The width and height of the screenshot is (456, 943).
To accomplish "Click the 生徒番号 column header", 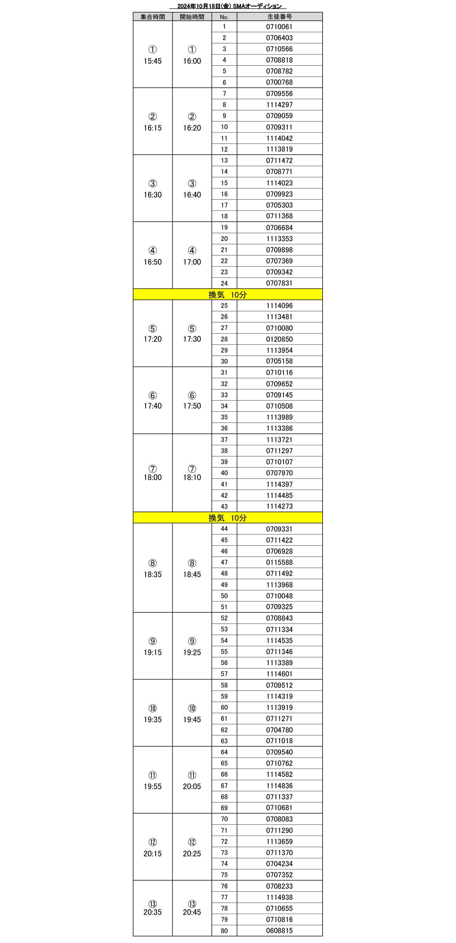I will point(279,16).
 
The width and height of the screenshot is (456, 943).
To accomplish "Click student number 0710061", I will point(279,27).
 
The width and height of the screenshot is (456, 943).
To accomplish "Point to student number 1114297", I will point(279,105).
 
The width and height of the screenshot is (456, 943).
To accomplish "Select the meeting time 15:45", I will point(153,61).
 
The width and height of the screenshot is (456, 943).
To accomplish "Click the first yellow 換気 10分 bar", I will point(228,295).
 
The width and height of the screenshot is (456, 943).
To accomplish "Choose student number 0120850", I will point(279,339).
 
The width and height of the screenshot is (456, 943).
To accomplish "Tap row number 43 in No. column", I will point(224,506).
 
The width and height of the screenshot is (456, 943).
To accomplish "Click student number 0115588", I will point(279,562).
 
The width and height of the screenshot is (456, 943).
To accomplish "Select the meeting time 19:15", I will point(153,652).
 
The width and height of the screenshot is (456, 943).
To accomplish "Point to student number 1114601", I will point(279,674).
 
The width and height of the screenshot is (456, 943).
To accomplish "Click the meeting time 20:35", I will point(153,912).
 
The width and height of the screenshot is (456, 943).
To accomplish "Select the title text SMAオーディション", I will point(257,6).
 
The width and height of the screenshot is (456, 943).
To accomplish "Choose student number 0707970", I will point(279,473).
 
